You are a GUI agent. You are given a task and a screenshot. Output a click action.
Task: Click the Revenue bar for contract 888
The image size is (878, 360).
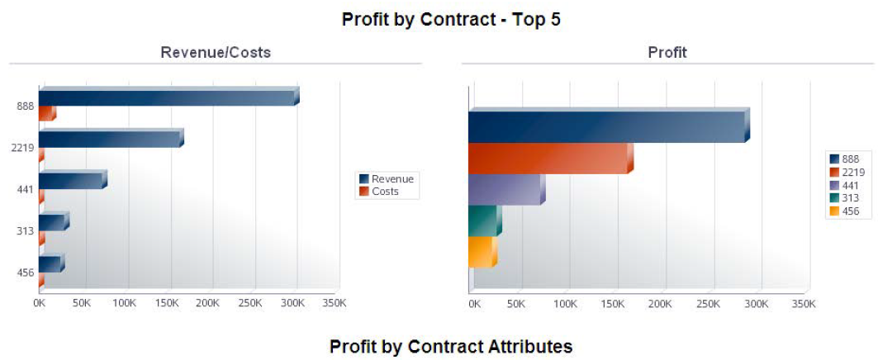(x=165, y=97)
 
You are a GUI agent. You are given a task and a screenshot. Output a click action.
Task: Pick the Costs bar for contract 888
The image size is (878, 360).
(x=46, y=114)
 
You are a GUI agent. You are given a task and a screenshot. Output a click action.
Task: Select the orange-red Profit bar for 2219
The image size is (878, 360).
(x=548, y=159)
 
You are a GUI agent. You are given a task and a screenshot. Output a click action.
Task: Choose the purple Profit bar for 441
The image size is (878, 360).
(x=505, y=190)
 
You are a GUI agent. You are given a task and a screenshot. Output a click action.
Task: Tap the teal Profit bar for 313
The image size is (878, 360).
(x=483, y=220)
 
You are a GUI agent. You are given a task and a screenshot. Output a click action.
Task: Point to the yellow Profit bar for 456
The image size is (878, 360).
(x=481, y=253)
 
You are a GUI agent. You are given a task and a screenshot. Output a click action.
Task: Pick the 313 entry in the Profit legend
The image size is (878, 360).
(x=849, y=198)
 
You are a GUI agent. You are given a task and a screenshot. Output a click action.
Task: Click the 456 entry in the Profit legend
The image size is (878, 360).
(x=849, y=211)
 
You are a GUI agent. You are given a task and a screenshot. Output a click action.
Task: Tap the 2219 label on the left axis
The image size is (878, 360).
(x=22, y=148)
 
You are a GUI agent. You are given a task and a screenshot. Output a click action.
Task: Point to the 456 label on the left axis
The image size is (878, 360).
(x=25, y=272)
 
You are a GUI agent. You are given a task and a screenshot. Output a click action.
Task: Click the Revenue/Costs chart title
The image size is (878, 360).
(x=215, y=53)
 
